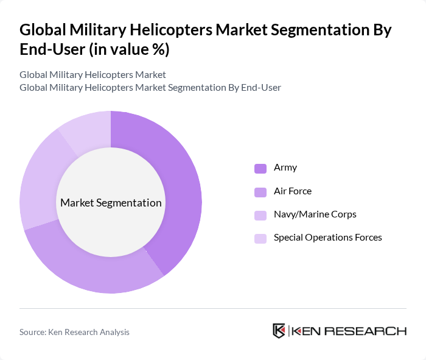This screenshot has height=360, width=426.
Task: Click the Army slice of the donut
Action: pos(183,183)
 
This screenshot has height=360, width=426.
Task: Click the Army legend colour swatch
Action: pos(260,168)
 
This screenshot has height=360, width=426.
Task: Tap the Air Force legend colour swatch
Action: pos(260,192)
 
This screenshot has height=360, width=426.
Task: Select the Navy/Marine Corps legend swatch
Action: pos(260,215)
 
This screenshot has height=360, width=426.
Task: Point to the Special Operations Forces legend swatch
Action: pos(260,238)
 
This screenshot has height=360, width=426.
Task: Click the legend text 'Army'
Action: pos(285,168)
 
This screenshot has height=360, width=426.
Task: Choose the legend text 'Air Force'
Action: pos(293,191)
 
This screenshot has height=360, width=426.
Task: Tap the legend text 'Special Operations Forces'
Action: pos(328,238)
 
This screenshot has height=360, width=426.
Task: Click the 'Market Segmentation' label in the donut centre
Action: pos(111,203)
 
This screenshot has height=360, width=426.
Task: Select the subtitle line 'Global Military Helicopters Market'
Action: pos(93,75)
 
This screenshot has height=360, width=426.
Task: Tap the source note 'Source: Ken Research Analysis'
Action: pos(74,332)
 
